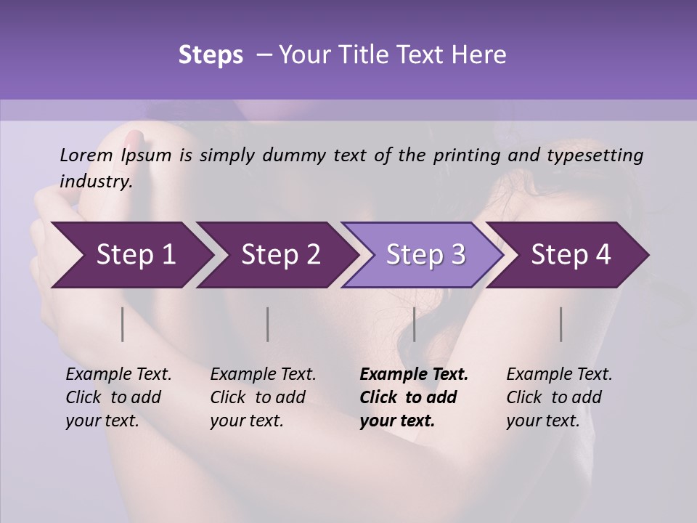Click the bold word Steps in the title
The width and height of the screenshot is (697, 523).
(x=211, y=55)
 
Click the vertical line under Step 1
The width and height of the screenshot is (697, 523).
(x=123, y=324)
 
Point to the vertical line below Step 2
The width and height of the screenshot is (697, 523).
(x=268, y=324)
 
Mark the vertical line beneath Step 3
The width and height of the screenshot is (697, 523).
(x=414, y=324)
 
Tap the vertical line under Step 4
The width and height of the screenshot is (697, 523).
(x=561, y=324)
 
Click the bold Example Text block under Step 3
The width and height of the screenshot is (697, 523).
(x=414, y=397)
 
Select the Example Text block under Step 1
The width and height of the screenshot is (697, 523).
(x=118, y=397)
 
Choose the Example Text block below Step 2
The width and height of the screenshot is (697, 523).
(x=263, y=397)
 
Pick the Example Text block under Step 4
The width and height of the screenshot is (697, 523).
(x=559, y=397)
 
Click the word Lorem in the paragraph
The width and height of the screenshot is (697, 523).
(x=86, y=155)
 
